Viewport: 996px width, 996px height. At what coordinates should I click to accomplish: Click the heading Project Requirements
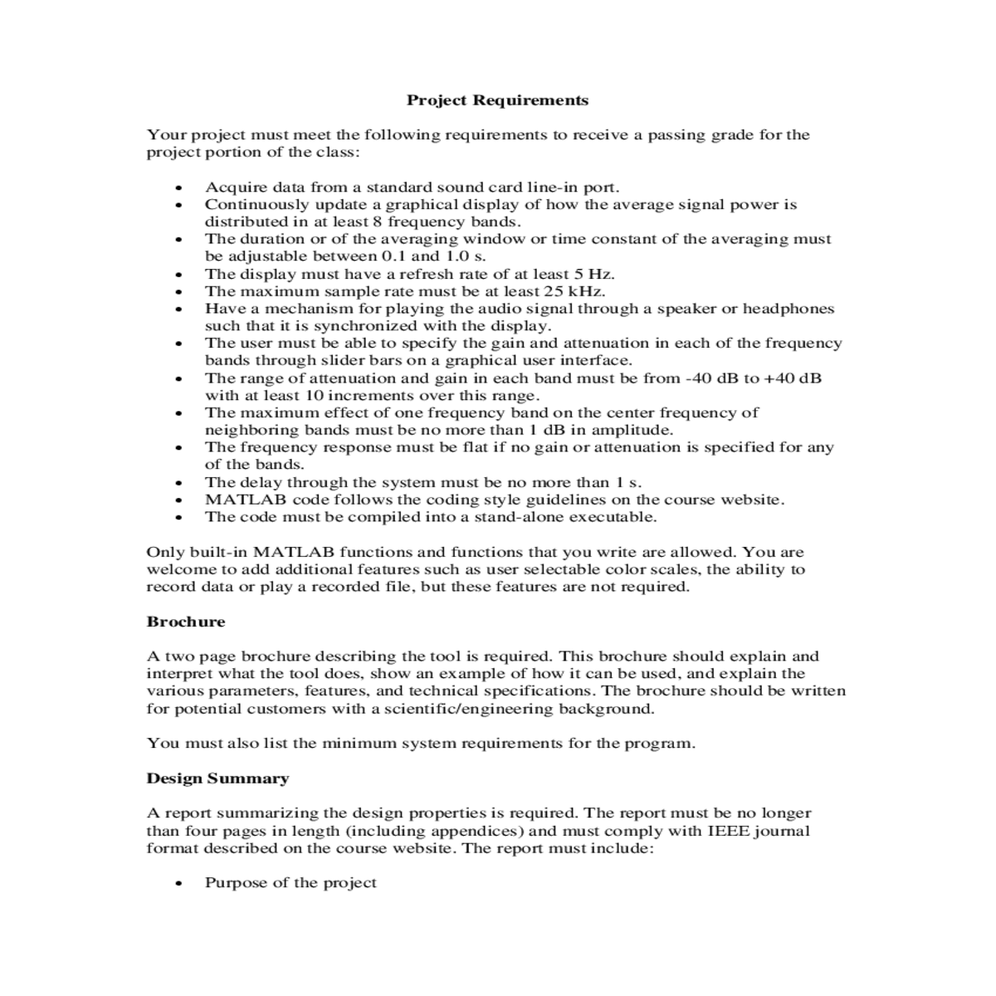497,100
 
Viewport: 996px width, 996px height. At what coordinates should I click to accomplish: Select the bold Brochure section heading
185,622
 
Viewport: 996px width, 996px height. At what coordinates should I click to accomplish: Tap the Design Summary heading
217,779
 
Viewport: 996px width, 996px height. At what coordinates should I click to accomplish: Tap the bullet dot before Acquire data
178,188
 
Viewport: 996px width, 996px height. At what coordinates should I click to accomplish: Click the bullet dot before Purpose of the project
178,884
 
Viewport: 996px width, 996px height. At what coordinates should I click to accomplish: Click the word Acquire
232,188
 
